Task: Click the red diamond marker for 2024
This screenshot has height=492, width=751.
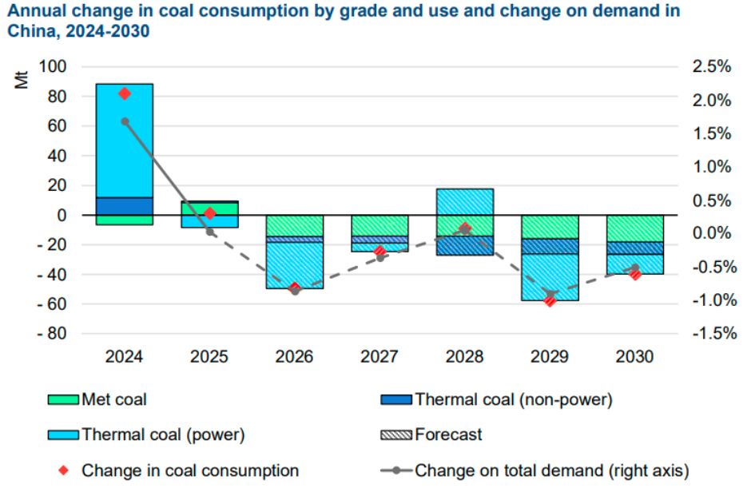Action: pos(124,94)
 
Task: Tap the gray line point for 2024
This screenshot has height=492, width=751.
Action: pos(125,121)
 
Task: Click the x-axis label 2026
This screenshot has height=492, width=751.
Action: pos(294,357)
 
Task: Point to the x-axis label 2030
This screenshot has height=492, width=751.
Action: pos(634,357)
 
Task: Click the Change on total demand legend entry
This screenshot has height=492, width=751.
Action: pos(551,470)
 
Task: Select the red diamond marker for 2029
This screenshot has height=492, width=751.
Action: pos(549,301)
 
